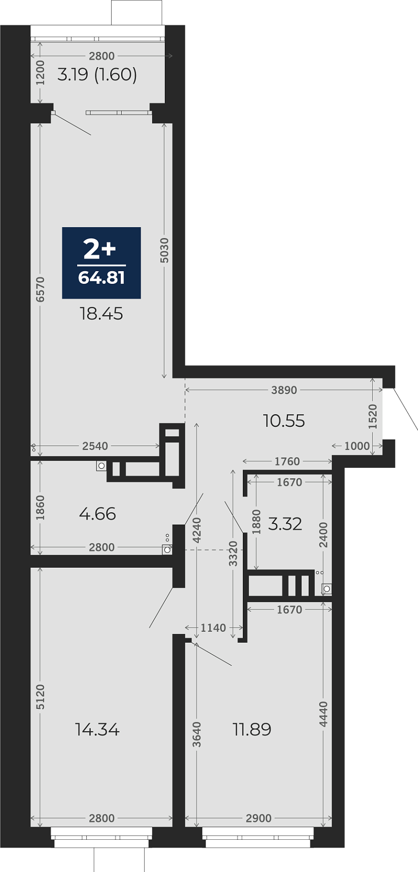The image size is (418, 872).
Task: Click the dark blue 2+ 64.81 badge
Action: (x=101, y=263)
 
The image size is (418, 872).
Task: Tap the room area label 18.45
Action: (x=101, y=314)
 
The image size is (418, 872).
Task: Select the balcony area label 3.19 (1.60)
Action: (x=97, y=74)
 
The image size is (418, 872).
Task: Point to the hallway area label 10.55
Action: (x=284, y=421)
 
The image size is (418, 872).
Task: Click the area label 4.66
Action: (x=98, y=514)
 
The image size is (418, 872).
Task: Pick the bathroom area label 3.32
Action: (x=285, y=524)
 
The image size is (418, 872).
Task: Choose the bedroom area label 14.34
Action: (x=97, y=729)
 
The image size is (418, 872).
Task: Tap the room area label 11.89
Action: (x=252, y=729)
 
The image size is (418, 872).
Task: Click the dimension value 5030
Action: (x=164, y=250)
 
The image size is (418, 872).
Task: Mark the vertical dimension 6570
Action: (x=40, y=289)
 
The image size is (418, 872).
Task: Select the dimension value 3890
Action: (x=284, y=390)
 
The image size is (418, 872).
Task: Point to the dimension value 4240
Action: (x=197, y=530)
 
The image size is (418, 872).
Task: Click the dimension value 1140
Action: (x=213, y=628)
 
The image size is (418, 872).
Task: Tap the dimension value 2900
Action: (x=259, y=818)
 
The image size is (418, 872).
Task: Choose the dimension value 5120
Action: (x=40, y=697)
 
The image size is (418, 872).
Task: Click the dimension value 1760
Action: (x=287, y=461)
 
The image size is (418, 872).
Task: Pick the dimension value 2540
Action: (x=95, y=446)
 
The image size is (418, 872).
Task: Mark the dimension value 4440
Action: (x=323, y=714)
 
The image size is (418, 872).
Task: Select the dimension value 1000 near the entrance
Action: (x=357, y=446)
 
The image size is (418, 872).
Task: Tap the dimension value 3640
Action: (x=197, y=734)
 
